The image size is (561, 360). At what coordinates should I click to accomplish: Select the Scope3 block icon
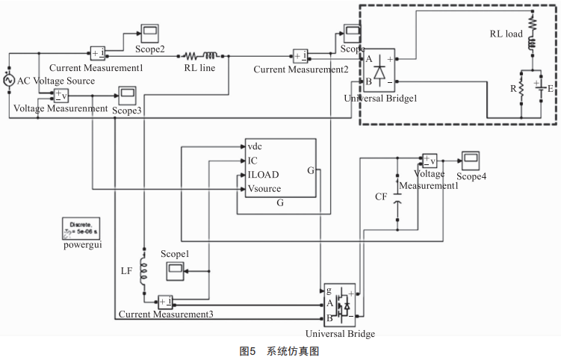pos(124,95)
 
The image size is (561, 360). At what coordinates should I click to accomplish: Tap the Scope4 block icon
pos(471,160)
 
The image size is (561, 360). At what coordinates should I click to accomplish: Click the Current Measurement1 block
pos(99,53)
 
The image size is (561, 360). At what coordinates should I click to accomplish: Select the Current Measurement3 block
pos(164,302)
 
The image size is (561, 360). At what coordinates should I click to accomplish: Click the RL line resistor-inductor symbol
pos(200,55)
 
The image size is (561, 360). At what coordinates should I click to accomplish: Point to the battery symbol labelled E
pos(537,88)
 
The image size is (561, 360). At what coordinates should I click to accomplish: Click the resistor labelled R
pos(521,88)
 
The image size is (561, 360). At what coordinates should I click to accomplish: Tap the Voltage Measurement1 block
pos(429,160)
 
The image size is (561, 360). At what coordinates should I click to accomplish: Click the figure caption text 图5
pos(248,351)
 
